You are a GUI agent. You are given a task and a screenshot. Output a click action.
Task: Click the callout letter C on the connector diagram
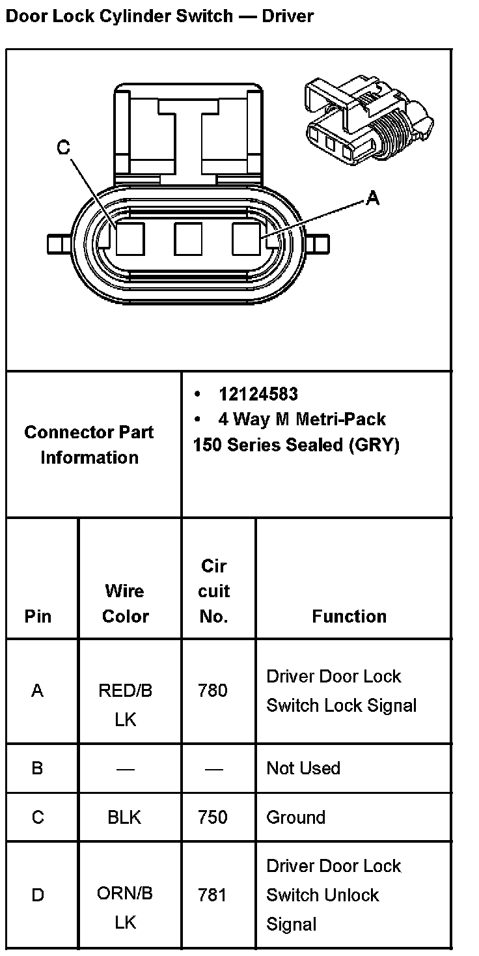click(x=63, y=148)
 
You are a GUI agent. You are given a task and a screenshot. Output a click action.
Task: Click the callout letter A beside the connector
click(x=372, y=198)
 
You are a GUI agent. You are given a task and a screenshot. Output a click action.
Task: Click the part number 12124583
click(x=258, y=394)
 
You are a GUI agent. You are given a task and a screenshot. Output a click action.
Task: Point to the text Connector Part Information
click(x=89, y=445)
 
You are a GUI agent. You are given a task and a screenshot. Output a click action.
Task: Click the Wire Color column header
click(x=125, y=603)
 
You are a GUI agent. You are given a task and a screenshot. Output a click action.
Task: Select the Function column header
click(x=349, y=616)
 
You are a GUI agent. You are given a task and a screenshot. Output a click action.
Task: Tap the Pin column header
click(x=38, y=616)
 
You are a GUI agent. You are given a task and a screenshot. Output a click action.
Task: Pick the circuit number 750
click(x=213, y=817)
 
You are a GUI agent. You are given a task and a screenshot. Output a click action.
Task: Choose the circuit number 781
click(x=213, y=895)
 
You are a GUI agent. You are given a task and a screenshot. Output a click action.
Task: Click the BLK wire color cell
click(x=124, y=817)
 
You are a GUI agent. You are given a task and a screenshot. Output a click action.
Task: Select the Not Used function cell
click(x=303, y=768)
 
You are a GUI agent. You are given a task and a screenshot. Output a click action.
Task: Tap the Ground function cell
click(x=295, y=817)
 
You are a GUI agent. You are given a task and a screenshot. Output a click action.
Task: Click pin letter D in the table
click(x=38, y=895)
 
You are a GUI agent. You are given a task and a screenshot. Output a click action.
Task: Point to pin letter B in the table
click(x=37, y=768)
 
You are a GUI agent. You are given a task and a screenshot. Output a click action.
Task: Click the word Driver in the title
click(x=287, y=16)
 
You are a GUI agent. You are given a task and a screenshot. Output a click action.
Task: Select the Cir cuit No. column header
click(x=213, y=591)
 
